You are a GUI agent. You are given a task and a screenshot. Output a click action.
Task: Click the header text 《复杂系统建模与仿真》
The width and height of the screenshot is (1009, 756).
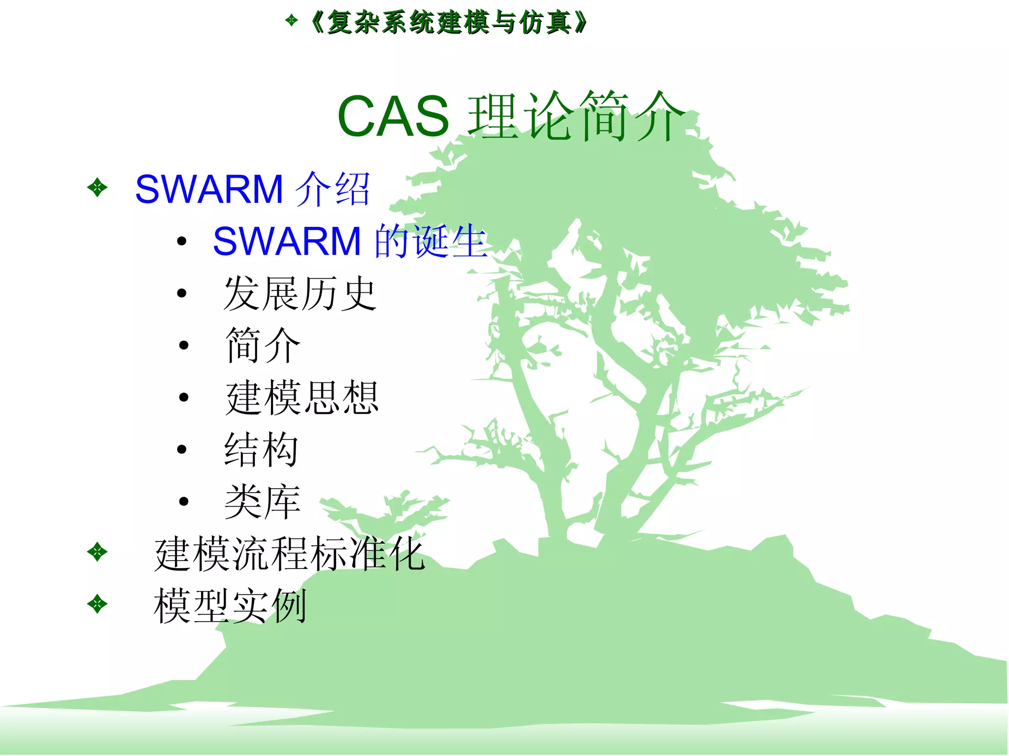coord(448,23)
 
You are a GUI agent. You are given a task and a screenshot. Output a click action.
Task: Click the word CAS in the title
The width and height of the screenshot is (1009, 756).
coord(393,117)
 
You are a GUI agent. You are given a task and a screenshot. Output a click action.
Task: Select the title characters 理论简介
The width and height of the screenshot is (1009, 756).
coord(576,117)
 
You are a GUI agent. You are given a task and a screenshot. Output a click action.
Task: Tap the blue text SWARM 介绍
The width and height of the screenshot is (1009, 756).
coord(252,189)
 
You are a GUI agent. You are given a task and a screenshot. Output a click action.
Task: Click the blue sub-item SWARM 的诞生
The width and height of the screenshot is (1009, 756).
coord(350,241)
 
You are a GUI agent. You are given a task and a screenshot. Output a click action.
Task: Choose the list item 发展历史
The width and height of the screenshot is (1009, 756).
coord(300,293)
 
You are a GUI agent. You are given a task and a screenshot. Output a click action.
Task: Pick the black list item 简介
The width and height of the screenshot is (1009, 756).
coord(263,346)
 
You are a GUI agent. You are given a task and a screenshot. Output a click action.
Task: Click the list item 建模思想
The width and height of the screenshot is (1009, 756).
coord(302,398)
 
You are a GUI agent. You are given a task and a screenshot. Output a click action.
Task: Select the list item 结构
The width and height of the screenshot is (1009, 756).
coord(262,449)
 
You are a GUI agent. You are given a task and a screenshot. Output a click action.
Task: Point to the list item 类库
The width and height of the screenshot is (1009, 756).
coord(263,502)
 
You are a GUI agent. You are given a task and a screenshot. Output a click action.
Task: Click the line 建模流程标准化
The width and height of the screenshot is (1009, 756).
coord(290,554)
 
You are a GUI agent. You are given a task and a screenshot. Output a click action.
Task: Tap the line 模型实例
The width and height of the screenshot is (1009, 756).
coord(231,606)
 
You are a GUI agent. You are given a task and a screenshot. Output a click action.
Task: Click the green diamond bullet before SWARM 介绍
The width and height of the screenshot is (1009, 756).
coord(97,188)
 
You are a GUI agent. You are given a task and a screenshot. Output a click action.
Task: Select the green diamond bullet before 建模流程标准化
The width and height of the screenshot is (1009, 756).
coord(97,552)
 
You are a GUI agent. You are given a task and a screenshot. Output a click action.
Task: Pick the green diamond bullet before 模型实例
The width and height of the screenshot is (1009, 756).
coord(97,604)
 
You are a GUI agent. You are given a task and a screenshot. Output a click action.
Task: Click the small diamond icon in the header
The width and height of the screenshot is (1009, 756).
coord(292,20)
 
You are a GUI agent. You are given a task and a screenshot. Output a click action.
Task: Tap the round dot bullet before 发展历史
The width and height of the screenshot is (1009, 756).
coord(182,293)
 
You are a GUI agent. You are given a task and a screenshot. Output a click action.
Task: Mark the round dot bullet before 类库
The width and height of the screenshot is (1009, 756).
coord(184,502)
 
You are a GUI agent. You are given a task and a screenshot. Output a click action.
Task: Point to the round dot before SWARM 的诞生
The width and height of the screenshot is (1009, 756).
coord(182,241)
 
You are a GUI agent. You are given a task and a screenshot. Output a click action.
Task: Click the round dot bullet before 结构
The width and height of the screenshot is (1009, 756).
coord(182,449)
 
